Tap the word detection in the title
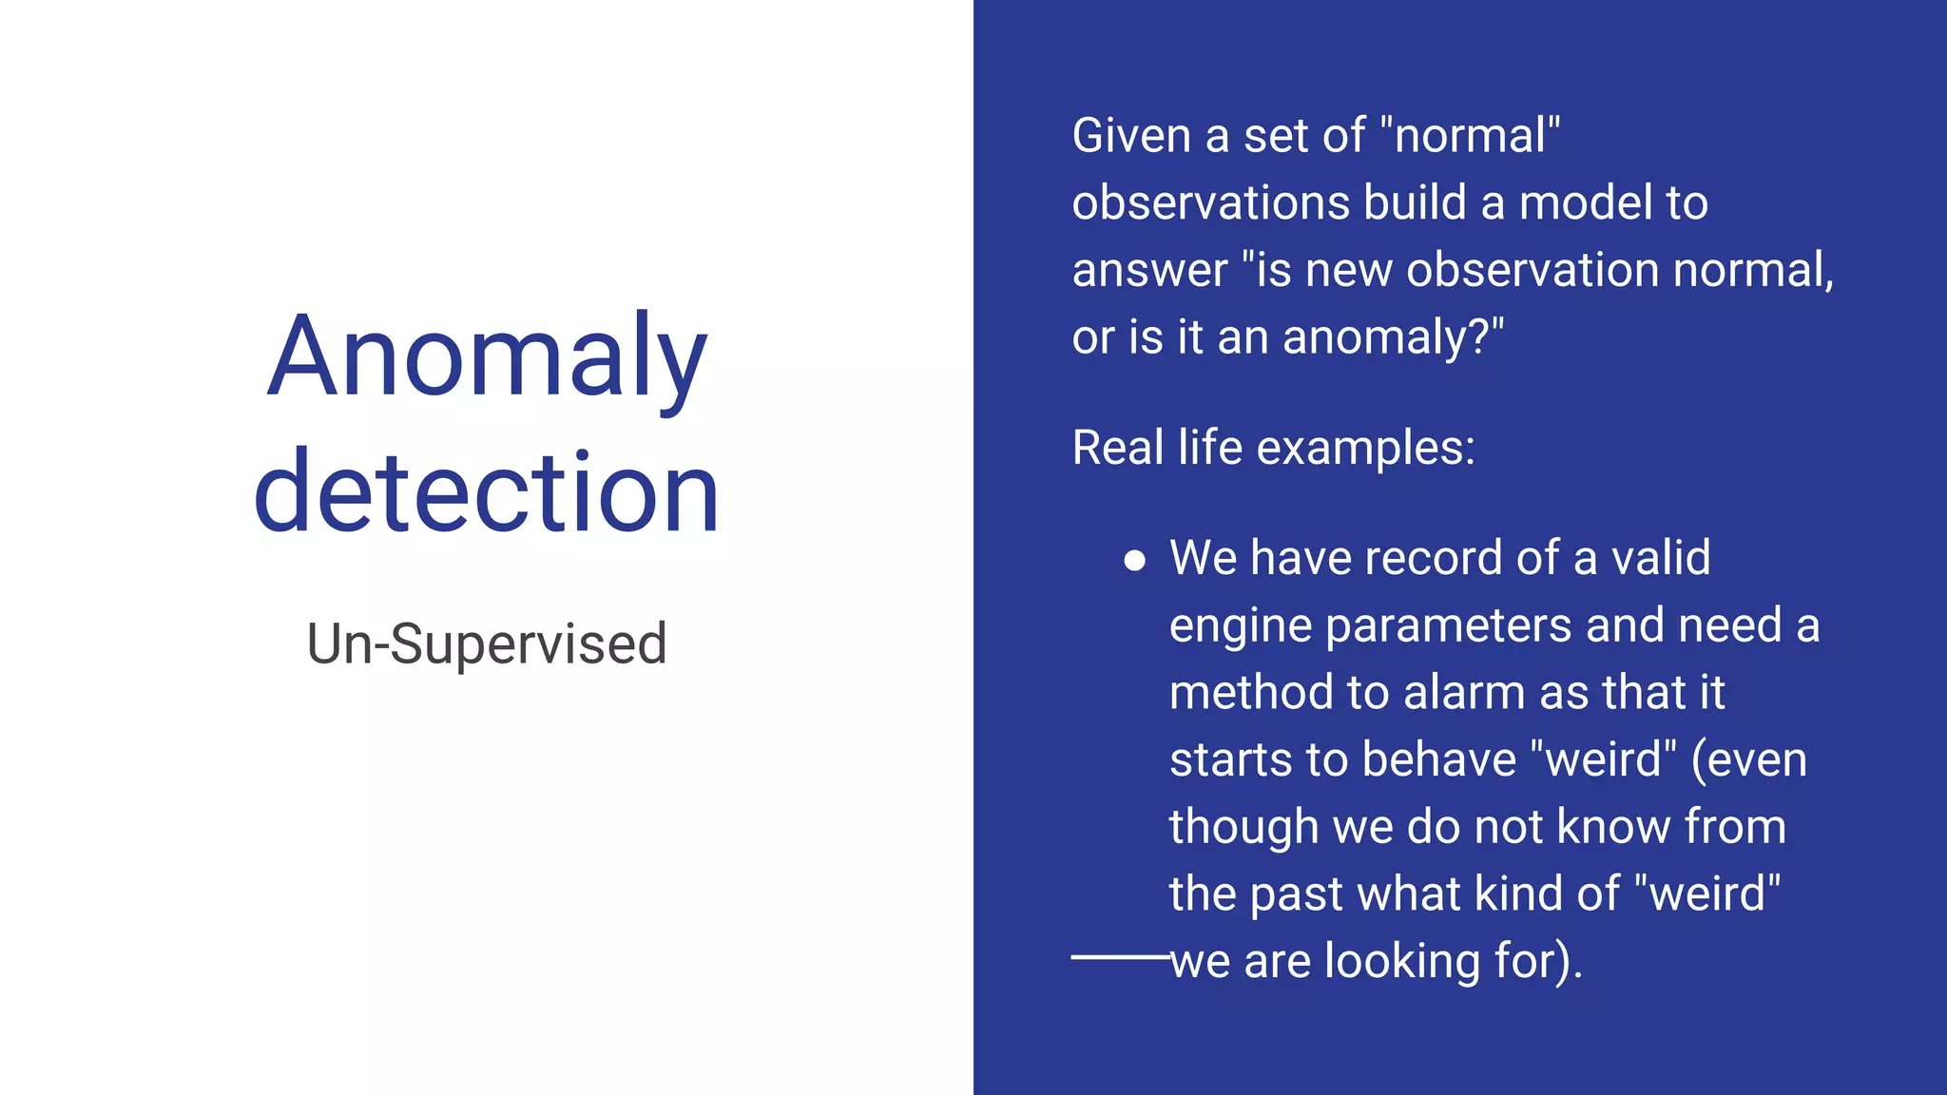[487, 493]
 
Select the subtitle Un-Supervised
[487, 644]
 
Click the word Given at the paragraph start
[1131, 136]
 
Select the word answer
[1149, 271]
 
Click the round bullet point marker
[1134, 561]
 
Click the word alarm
[1464, 693]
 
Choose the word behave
[1438, 760]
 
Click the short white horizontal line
[1119, 957]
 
